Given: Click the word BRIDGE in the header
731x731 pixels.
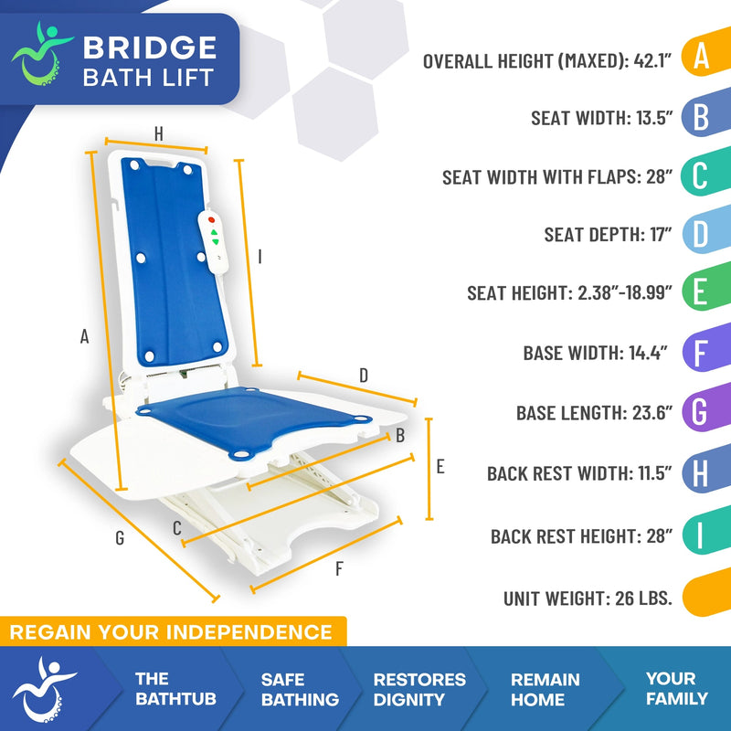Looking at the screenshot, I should pyautogui.click(x=149, y=47).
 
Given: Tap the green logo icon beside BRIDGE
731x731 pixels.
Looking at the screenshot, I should pyautogui.click(x=42, y=58).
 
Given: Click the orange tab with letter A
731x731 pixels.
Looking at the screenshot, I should pyautogui.click(x=701, y=57).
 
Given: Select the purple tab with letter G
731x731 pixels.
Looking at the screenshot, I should pyautogui.click(x=701, y=413).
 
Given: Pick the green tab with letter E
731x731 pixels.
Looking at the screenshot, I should pyautogui.click(x=701, y=294).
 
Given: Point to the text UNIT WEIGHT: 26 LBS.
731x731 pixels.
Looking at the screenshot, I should pyautogui.click(x=588, y=599).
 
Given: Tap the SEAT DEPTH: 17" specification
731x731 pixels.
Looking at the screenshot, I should pyautogui.click(x=608, y=235).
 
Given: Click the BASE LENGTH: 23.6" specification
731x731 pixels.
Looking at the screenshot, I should pyautogui.click(x=594, y=413).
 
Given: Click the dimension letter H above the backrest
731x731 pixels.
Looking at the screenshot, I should pyautogui.click(x=158, y=133).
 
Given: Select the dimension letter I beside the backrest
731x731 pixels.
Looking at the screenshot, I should pyautogui.click(x=260, y=259).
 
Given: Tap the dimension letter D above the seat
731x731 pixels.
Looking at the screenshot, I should pyautogui.click(x=363, y=376).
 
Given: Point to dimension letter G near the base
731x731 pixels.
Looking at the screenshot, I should pyautogui.click(x=120, y=538).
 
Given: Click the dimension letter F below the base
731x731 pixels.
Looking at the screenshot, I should pyautogui.click(x=339, y=569).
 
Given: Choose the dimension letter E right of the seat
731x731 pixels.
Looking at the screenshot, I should pyautogui.click(x=440, y=467).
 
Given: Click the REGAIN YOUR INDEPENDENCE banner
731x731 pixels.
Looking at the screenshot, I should pyautogui.click(x=172, y=631).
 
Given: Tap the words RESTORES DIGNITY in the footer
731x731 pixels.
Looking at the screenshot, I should pyautogui.click(x=419, y=690).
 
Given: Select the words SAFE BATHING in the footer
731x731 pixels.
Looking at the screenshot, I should pyautogui.click(x=300, y=690).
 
